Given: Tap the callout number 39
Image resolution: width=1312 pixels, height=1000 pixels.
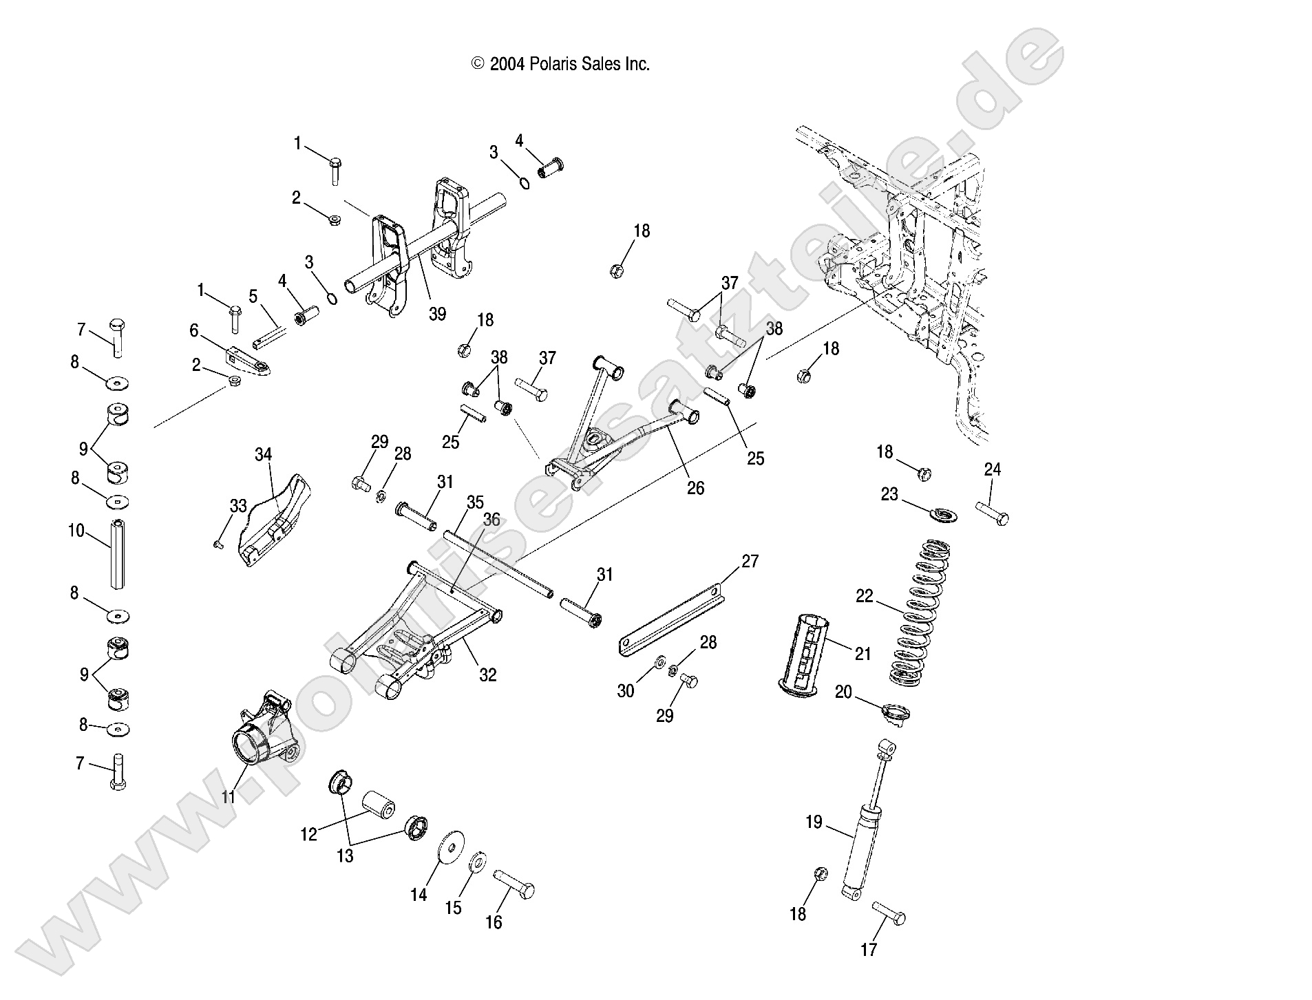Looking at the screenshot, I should [437, 314].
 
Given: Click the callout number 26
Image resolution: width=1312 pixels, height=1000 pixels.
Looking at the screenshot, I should [696, 488].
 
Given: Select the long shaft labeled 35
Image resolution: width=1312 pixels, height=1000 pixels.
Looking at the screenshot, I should [498, 565].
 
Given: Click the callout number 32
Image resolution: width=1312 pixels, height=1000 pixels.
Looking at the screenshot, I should [487, 674].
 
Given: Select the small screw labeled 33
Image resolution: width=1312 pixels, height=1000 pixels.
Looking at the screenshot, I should [218, 544].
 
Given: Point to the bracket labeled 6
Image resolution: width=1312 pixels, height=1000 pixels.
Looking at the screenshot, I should [248, 360].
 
